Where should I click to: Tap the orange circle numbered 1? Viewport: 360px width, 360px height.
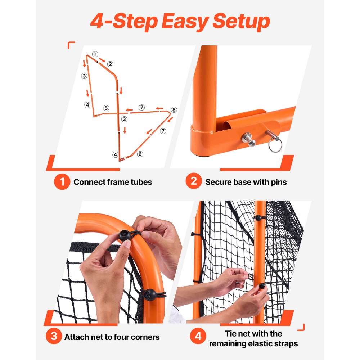coord(62,182)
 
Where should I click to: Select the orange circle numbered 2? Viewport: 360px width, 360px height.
coord(194,182)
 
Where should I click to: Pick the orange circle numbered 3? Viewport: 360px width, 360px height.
coord(54,337)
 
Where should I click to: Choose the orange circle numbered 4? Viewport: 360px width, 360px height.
coord(198,337)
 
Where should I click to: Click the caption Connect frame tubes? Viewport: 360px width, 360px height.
coord(113,182)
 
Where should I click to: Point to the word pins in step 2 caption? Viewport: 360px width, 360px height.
coord(278,182)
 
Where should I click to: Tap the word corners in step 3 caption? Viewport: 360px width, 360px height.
coord(145,337)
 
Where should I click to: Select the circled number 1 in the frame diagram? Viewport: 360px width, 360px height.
coord(95,54)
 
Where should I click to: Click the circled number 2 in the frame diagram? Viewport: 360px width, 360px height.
coord(110,64)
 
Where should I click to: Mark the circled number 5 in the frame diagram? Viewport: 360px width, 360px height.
coord(106,108)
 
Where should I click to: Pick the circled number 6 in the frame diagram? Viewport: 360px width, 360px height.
coord(140,154)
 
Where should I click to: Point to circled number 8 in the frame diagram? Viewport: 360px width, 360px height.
coord(174,109)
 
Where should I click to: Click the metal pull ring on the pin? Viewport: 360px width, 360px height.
coord(275,146)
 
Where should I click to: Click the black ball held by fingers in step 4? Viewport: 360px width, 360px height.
coord(262,286)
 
